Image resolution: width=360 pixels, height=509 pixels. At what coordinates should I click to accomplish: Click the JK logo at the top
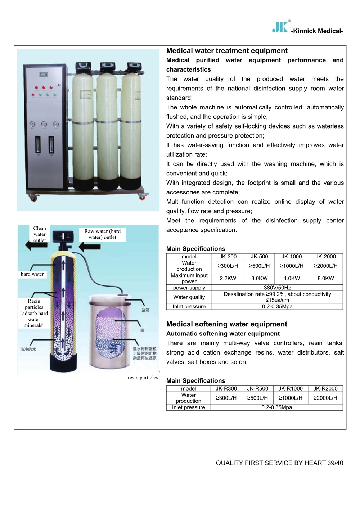pyautogui.click(x=280, y=27)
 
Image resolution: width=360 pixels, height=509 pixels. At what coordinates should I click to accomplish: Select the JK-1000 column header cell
pyautogui.click(x=292, y=257)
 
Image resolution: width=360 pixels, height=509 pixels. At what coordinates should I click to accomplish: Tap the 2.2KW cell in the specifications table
pyautogui.click(x=228, y=278)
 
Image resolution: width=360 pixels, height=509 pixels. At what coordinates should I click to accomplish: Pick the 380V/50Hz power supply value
pyautogui.click(x=277, y=288)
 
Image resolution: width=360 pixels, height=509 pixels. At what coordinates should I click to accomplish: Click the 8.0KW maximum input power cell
pyautogui.click(x=325, y=278)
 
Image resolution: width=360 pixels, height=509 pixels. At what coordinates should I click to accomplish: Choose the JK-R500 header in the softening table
pyautogui.click(x=257, y=389)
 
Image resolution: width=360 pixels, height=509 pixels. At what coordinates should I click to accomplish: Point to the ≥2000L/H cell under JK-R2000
pyautogui.click(x=325, y=398)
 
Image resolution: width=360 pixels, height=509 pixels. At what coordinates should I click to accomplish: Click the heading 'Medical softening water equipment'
pyautogui.click(x=226, y=324)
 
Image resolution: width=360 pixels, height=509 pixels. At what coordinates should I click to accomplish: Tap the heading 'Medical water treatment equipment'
pyautogui.click(x=227, y=51)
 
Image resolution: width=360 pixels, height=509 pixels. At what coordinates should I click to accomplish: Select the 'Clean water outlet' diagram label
pyautogui.click(x=40, y=234)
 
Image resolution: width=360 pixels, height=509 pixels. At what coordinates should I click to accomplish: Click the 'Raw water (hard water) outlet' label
pyautogui.click(x=103, y=234)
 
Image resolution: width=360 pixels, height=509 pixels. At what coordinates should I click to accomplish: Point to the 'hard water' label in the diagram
pyautogui.click(x=32, y=274)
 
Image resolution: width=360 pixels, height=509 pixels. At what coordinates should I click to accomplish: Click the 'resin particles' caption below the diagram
pyautogui.click(x=143, y=378)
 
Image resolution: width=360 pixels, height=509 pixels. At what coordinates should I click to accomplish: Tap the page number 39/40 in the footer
pyautogui.click(x=335, y=463)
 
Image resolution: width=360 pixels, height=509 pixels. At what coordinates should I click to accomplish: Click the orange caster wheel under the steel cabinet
pyautogui.click(x=33, y=198)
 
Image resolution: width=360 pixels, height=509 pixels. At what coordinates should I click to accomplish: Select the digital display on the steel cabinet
pyautogui.click(x=44, y=75)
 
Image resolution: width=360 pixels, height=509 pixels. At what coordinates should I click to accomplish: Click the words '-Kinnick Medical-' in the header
pyautogui.click(x=317, y=31)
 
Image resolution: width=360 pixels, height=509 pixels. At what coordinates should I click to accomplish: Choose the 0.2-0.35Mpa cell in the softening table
pyautogui.click(x=276, y=407)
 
